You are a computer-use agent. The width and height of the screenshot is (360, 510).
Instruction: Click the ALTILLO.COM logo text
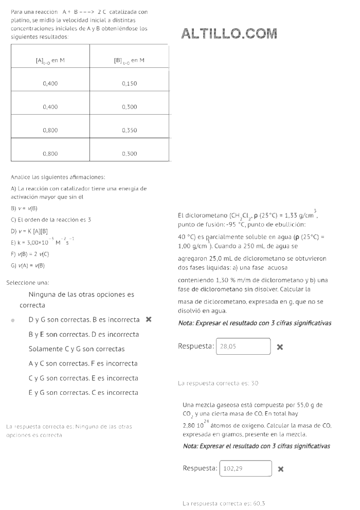coord(229,34)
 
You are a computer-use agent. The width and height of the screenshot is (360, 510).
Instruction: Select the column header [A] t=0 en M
coord(50,61)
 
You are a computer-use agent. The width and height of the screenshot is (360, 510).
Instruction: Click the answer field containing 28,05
coord(243,347)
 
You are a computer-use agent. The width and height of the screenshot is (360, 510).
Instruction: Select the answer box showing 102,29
coord(246,469)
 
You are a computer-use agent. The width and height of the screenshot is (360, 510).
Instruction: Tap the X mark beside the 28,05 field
coord(280,347)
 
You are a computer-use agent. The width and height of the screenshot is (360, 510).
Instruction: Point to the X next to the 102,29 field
coord(281,469)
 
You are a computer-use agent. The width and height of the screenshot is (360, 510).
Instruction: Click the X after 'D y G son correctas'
coord(149,319)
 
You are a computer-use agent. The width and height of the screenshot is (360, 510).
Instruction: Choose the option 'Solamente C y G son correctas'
coord(77,349)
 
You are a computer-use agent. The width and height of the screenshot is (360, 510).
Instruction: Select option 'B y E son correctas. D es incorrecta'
coord(83,334)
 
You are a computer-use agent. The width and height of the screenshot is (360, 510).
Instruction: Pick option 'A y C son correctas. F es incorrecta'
coord(83,363)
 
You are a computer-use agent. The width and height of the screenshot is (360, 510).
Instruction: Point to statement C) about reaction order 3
coord(51,220)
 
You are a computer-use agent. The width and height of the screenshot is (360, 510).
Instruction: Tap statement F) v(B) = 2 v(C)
coord(30,254)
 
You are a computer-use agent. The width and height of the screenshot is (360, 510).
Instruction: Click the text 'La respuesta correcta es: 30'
coord(218,383)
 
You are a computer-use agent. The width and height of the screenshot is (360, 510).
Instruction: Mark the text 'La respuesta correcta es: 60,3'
coord(224,503)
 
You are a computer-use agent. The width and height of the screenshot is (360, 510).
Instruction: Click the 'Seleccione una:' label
coord(28,283)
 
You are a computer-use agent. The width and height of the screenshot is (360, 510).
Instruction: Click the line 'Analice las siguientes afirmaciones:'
coord(58,177)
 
